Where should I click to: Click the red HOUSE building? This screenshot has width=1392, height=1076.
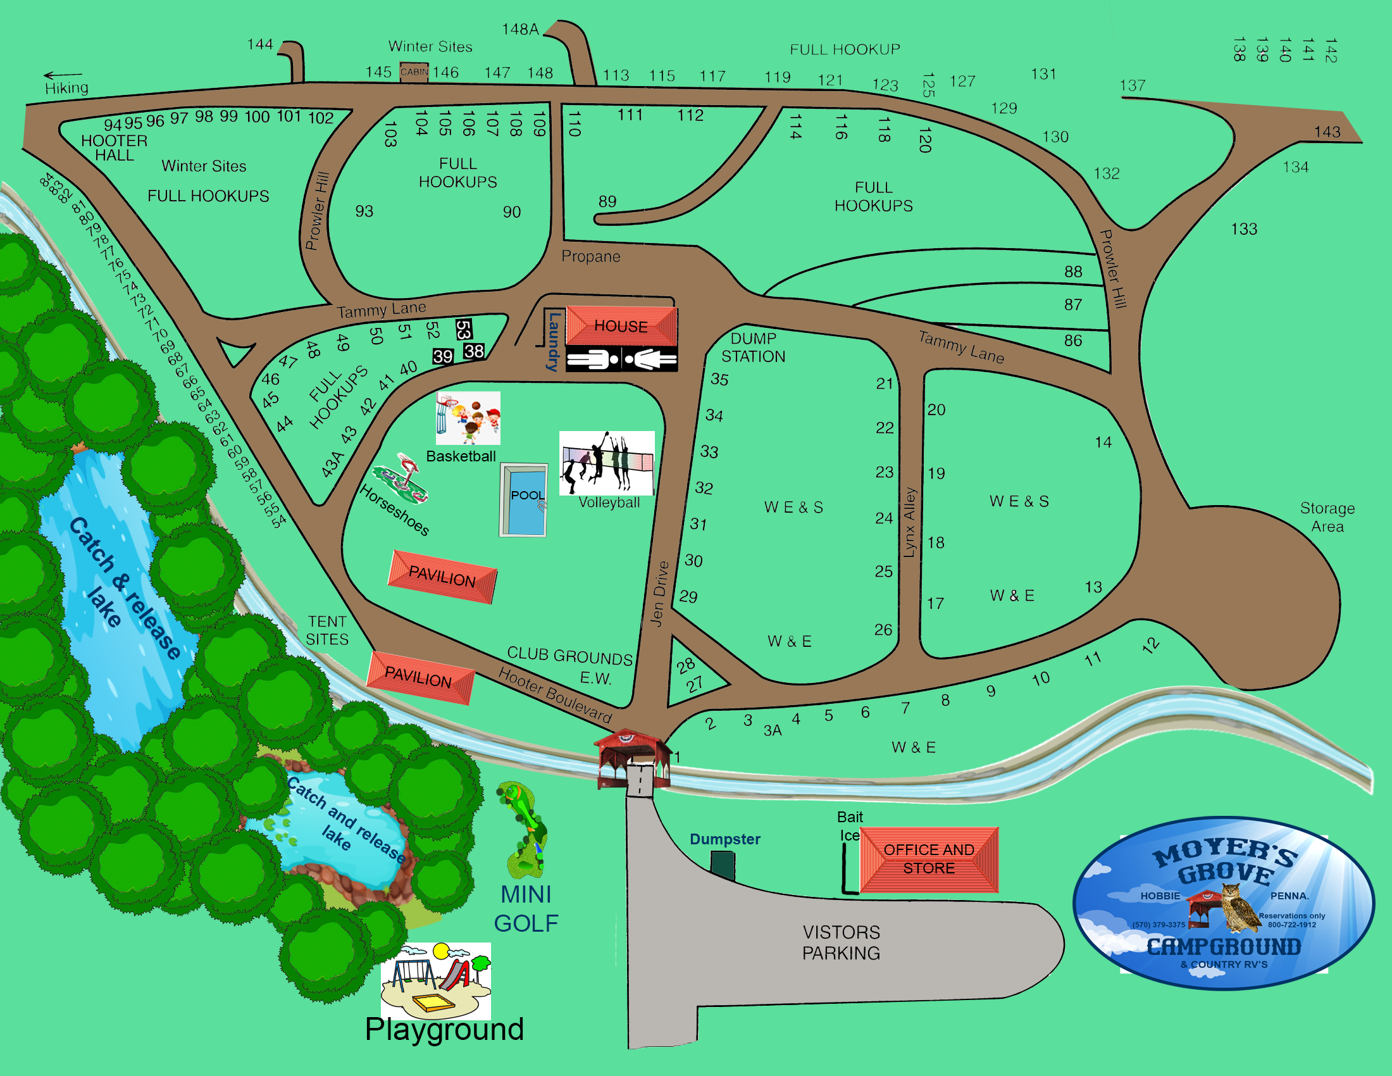point(621,326)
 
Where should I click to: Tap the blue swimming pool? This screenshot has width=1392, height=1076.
point(524,500)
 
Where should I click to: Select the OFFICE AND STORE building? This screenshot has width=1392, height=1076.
point(929,859)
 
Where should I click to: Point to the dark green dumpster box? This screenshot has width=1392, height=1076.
point(723,866)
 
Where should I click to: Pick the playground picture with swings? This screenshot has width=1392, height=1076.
point(436,980)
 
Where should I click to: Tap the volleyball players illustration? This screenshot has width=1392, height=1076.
point(606,462)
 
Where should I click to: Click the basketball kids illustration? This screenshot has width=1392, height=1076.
point(468,418)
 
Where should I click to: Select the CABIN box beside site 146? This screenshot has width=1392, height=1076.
point(414,72)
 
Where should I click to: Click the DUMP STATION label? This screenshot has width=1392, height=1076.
point(753,347)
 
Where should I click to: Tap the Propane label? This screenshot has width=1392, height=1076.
point(591,256)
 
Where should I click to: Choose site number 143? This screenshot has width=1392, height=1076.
point(1327,132)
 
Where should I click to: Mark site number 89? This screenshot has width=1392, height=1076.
point(607,201)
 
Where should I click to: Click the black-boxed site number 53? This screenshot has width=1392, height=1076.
point(463,330)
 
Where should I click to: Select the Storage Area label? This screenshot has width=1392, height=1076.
point(1327,517)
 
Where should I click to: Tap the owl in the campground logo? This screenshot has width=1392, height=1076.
point(1239,906)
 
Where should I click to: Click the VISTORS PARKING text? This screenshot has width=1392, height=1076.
point(841,942)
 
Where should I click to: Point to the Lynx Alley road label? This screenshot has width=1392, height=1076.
point(909,523)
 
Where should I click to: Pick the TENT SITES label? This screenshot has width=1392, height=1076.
point(327,630)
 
